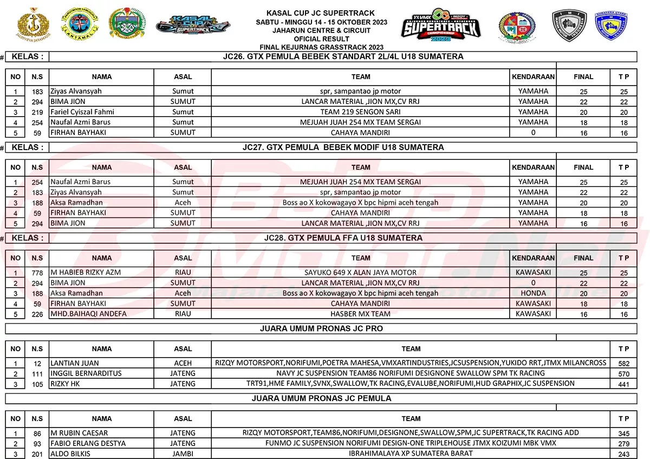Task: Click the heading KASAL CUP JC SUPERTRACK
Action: pyautogui.click(x=321, y=13)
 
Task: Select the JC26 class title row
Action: pyautogui.click(x=343, y=56)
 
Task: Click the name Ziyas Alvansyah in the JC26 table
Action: pyautogui.click(x=76, y=91)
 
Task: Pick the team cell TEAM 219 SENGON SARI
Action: pyautogui.click(x=360, y=112)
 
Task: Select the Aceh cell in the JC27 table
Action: pyautogui.click(x=183, y=202)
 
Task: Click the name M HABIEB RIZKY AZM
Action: pyautogui.click(x=85, y=272)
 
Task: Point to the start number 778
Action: pyautogui.click(x=37, y=273)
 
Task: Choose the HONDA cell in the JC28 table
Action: pyautogui.click(x=533, y=293)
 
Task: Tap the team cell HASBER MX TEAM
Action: pyautogui.click(x=360, y=314)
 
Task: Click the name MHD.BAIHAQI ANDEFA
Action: pyautogui.click(x=88, y=314)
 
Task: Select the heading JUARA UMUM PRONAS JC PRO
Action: pyautogui.click(x=321, y=328)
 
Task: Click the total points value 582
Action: pyautogui.click(x=623, y=364)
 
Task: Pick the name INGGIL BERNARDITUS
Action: pyautogui.click(x=86, y=373)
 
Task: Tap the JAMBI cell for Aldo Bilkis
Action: pyautogui.click(x=183, y=454)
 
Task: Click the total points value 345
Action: pyautogui.click(x=623, y=434)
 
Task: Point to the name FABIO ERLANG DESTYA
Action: pyautogui.click(x=88, y=443)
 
